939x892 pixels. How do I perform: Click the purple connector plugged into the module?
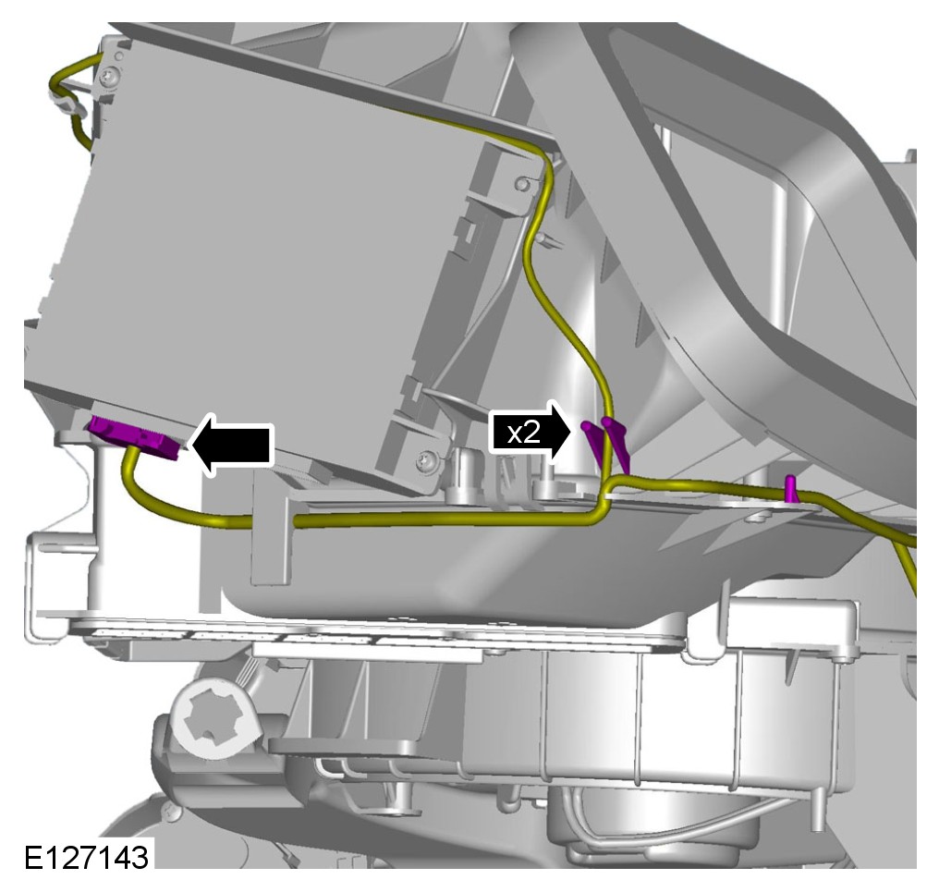pyautogui.click(x=134, y=438)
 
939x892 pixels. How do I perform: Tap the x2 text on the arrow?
pyautogui.click(x=523, y=433)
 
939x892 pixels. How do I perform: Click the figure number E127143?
pyautogui.click(x=86, y=857)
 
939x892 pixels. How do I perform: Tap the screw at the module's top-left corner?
pyautogui.click(x=109, y=76)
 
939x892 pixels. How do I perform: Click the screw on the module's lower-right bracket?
pyautogui.click(x=427, y=460)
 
